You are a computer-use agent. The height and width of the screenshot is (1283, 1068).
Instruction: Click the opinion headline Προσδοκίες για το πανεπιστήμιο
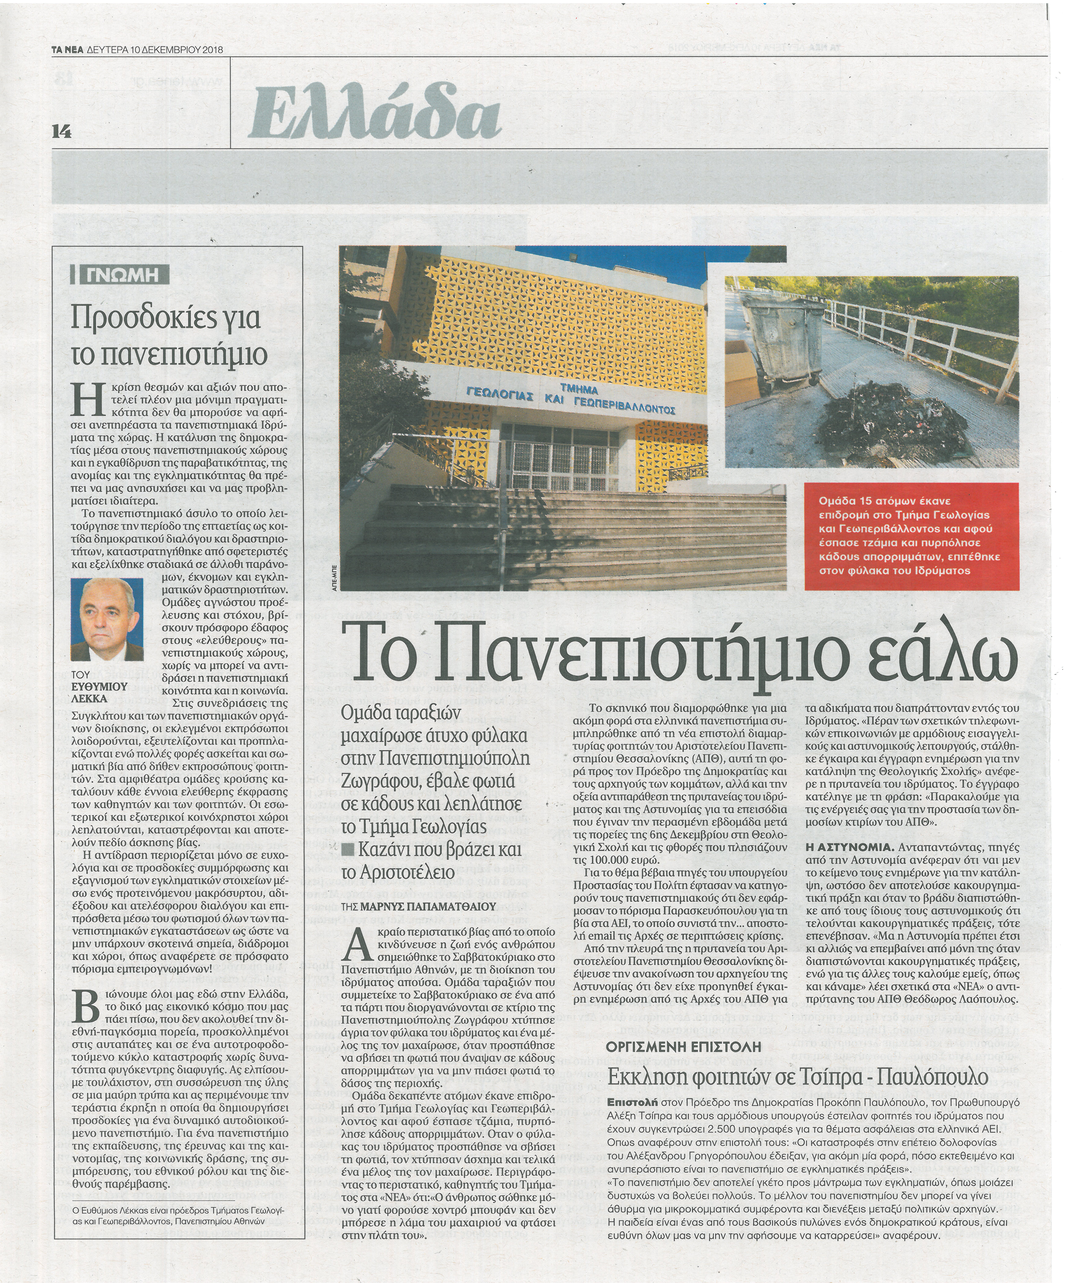click(x=166, y=335)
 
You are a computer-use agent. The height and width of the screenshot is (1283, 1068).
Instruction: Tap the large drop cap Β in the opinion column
click(x=86, y=1006)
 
